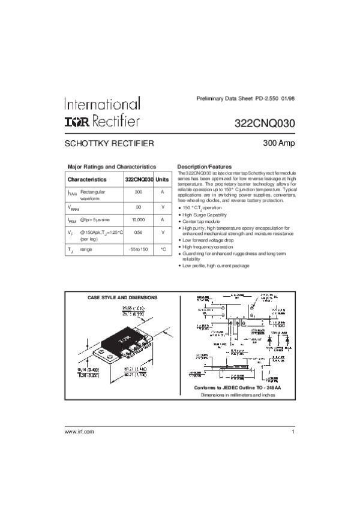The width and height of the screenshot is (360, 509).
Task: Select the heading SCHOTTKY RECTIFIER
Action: coord(110,144)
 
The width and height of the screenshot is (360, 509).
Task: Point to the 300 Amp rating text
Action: coord(278,143)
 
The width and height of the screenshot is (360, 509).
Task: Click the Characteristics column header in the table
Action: coord(87,179)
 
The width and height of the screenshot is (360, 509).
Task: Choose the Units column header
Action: coord(163,179)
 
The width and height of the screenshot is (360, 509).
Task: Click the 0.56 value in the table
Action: coord(138,232)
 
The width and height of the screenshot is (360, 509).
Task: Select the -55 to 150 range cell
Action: coord(138,249)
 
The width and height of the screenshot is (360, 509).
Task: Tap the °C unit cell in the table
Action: coord(163,249)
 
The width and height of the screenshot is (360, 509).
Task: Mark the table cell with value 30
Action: coord(138,206)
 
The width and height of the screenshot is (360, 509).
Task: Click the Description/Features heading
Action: coord(205,166)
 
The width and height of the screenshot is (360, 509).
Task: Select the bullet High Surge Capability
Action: coord(205,215)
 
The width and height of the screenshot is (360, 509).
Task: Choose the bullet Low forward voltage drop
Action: coord(208,240)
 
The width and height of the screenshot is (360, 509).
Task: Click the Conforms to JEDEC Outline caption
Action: coord(238,388)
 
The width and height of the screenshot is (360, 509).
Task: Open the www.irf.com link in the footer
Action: coord(79,432)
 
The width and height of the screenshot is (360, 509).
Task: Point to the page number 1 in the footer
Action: coord(293,432)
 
